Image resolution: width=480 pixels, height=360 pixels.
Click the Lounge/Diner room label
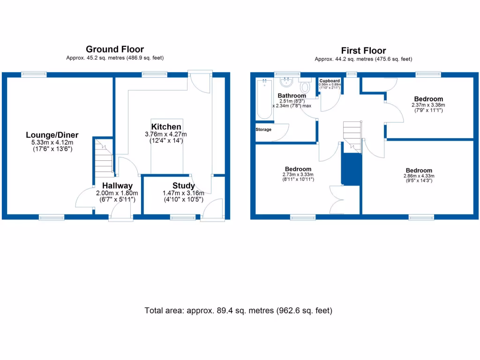pos(52,135)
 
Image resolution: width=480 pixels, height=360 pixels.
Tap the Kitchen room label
pos(166,127)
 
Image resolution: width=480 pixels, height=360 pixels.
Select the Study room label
pos(183,186)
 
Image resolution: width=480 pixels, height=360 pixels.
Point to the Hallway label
pos(117,186)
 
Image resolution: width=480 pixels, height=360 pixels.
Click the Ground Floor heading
pos(114,49)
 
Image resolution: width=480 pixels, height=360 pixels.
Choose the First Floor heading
pos(363,51)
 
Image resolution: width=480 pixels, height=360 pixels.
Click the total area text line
pos(239,310)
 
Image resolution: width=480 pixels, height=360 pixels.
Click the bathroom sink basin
pos(285,83)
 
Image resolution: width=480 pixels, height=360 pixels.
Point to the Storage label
pos(263,129)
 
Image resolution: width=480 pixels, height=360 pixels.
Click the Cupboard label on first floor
pos(330,81)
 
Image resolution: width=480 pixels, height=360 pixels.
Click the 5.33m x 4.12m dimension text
pos(52,142)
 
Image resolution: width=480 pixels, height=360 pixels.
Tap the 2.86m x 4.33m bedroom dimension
pos(419,176)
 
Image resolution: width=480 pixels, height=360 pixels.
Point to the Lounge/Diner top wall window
pos(34,74)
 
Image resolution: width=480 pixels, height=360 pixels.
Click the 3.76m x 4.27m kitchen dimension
pos(166,134)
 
